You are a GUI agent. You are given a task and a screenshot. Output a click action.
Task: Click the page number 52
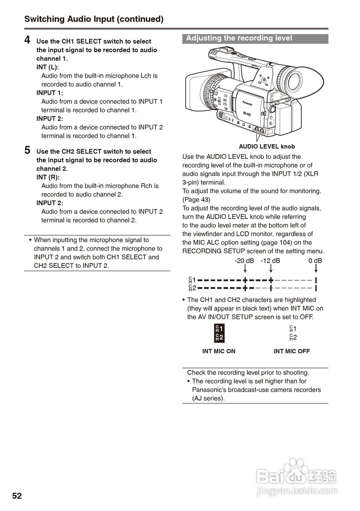(17, 496)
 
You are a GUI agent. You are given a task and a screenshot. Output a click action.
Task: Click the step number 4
(27, 40)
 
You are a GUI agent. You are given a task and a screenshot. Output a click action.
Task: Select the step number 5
(27, 150)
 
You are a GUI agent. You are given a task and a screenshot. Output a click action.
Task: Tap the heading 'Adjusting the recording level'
(239, 38)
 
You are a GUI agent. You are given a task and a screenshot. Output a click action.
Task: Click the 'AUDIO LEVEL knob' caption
(267, 147)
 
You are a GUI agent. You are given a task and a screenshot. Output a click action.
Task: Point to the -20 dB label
(244, 261)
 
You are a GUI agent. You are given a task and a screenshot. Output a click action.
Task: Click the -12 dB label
(270, 261)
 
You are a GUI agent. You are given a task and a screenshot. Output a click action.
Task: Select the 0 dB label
(315, 261)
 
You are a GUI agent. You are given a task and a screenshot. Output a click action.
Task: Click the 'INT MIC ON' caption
(219, 351)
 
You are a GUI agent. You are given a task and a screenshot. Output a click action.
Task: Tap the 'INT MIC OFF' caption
(291, 351)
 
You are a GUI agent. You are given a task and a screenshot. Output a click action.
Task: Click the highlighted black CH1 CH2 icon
(219, 333)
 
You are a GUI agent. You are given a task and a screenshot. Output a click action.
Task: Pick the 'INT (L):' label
(47, 67)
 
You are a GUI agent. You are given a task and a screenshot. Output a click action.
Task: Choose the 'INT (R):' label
(48, 177)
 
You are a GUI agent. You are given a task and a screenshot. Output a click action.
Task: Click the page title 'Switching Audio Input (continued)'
(94, 19)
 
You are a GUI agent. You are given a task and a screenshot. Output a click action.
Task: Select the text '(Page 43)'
(196, 200)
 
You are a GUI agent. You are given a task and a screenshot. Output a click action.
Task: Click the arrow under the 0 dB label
(316, 270)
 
